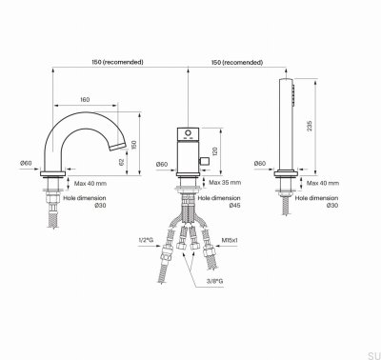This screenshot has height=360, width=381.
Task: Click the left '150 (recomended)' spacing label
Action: point(119,61)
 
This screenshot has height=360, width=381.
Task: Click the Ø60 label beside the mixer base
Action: point(162,163)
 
